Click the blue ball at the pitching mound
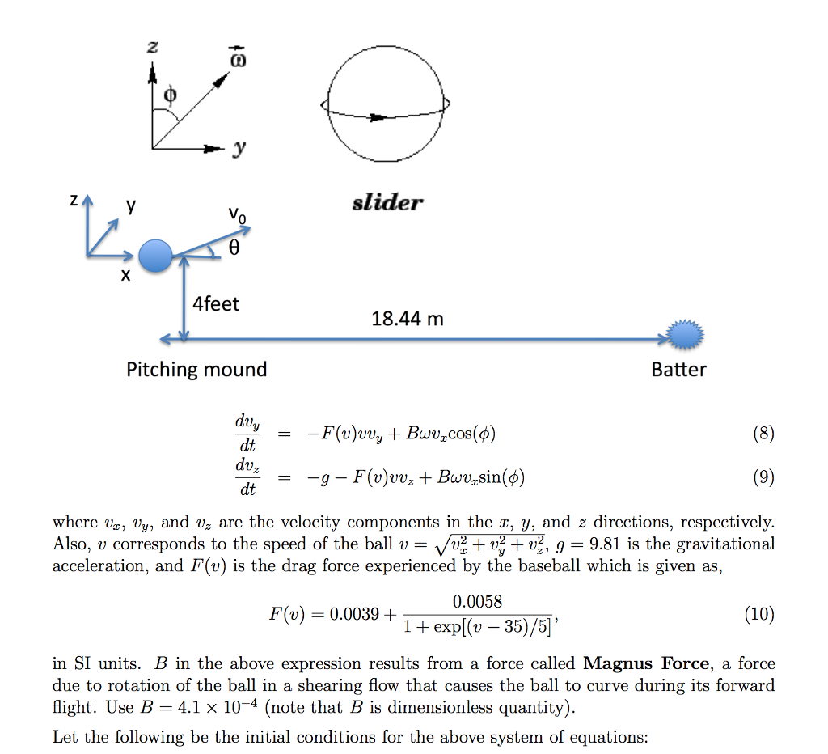[156, 256]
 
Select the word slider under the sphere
[387, 202]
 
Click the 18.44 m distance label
[408, 319]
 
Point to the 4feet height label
[216, 304]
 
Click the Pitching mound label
[196, 370]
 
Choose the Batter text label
[678, 370]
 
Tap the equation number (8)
[763, 434]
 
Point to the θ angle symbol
[234, 250]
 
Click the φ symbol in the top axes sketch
[169, 96]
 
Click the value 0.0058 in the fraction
[477, 601]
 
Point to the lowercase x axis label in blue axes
[125, 276]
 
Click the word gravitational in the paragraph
[724, 544]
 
